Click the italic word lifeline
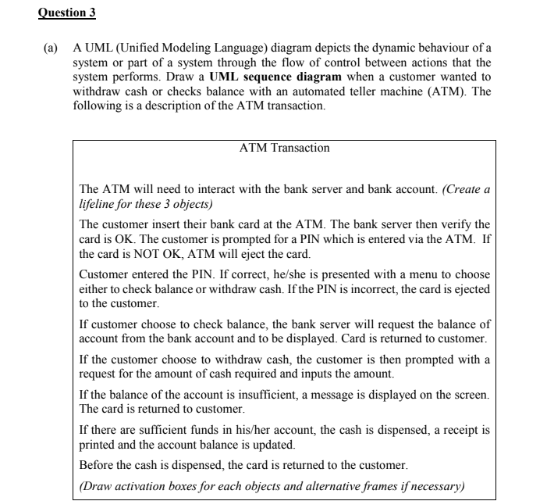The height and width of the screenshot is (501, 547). [x=101, y=204]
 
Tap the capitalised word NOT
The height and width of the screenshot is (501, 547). [x=145, y=254]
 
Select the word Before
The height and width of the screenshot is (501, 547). [x=98, y=465]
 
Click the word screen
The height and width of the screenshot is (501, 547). [x=470, y=396]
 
